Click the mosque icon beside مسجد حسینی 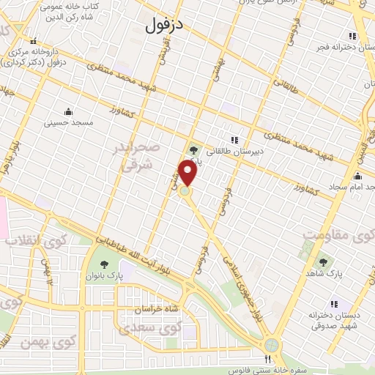click(x=69, y=111)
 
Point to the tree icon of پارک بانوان click(x=102, y=264)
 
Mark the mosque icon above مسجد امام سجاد click(x=357, y=176)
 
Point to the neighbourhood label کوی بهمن click(x=66, y=341)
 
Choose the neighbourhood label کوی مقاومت click(x=338, y=236)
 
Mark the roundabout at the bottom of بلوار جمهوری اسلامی click(x=273, y=344)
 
